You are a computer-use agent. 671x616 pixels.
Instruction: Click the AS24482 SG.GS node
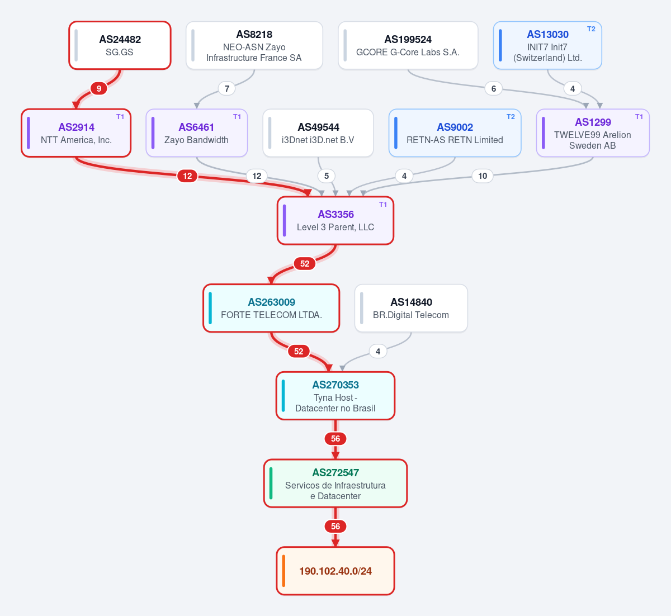[x=120, y=45]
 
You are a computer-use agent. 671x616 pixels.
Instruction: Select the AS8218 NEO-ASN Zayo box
[x=254, y=45]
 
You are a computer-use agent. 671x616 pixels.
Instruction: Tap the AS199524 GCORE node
[x=408, y=45]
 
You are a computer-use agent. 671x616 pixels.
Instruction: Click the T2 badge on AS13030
[x=591, y=29]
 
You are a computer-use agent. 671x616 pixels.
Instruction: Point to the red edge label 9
[x=98, y=89]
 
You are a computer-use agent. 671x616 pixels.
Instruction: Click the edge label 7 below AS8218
[x=227, y=89]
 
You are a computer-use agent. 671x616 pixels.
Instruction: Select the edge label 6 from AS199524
[x=493, y=89]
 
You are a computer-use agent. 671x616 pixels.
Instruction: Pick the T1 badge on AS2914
[x=120, y=117]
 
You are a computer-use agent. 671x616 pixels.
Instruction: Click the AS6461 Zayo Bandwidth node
[x=196, y=133]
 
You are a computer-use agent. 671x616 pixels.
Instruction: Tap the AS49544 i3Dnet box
[x=318, y=133]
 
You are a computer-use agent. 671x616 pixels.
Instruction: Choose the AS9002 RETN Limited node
[x=455, y=133]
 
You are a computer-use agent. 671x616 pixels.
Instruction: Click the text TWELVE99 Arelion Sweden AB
[x=592, y=140]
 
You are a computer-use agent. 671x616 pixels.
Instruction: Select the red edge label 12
[x=187, y=176]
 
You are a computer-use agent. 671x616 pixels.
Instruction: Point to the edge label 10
[x=483, y=176]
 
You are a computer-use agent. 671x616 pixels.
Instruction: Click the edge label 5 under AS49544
[x=327, y=176]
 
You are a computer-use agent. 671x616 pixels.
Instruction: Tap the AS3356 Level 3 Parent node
[x=335, y=220]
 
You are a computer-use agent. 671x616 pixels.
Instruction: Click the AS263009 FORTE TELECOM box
[x=271, y=308]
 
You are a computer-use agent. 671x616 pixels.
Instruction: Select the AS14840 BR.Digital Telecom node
[x=411, y=308]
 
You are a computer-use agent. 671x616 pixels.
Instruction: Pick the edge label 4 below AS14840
[x=378, y=352]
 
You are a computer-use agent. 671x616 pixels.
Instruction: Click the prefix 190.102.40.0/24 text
[x=335, y=571]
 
